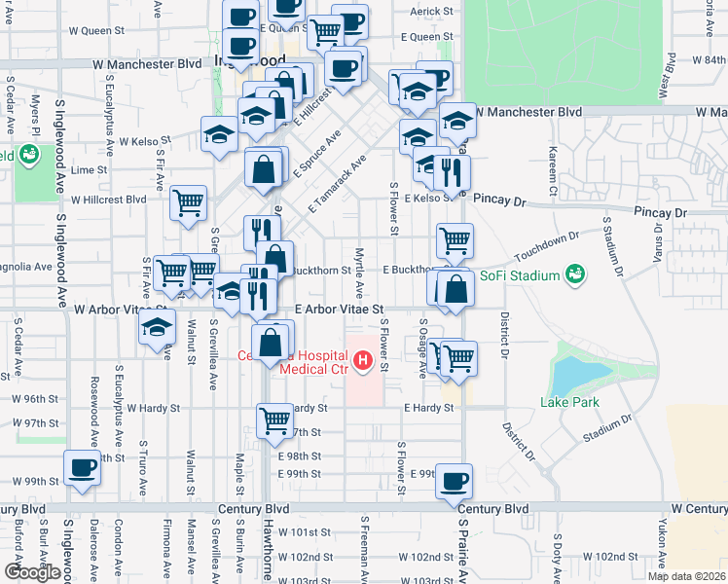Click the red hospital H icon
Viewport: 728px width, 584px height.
(363, 363)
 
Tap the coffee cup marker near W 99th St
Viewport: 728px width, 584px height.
(82, 469)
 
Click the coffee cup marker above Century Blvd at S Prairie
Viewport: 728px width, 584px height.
(453, 480)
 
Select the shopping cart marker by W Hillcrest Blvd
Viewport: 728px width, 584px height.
(188, 202)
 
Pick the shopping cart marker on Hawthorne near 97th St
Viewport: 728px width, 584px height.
(274, 421)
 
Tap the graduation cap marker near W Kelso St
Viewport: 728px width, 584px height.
(219, 134)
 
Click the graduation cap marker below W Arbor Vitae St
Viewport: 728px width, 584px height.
(156, 329)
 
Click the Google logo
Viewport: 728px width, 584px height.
(32, 572)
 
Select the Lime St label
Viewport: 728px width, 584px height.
(89, 169)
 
